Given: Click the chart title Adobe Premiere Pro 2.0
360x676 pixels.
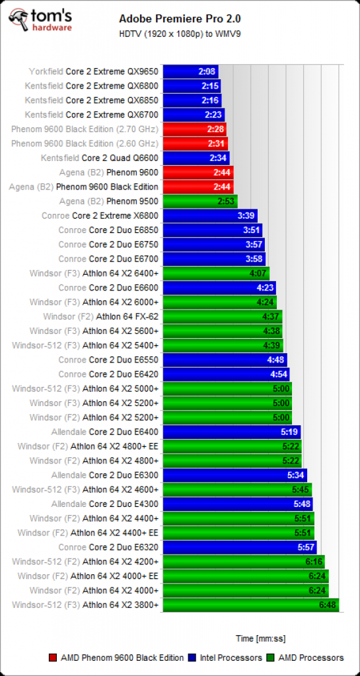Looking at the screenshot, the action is pos(180,18).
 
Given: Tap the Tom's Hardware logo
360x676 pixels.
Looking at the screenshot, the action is pos(40,20).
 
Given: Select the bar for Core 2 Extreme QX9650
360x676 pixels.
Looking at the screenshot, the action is pos(190,71).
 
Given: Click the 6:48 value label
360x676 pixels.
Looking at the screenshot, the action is pos(327,605).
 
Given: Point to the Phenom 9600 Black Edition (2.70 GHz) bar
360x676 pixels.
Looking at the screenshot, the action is pos(194,129).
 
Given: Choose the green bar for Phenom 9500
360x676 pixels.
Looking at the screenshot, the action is pos(200,201).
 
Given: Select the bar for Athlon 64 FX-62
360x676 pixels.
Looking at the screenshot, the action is pos(223,316).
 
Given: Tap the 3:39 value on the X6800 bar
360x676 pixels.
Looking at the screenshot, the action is pos(246,216).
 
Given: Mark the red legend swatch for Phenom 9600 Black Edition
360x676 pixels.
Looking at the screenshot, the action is pos(53,658).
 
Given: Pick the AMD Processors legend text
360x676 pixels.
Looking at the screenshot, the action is pos(311,658).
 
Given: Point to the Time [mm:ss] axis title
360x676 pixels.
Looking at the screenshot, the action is pos(260,638).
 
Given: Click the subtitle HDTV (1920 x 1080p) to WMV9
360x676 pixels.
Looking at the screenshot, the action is pos(180,34).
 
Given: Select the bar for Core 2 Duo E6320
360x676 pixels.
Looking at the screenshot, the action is pos(240,547).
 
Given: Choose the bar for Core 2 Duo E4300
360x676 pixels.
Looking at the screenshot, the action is pos(238,504).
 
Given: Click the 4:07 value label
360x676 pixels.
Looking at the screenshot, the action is pos(258,273).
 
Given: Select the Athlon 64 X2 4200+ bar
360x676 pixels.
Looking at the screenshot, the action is pos(244,562).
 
